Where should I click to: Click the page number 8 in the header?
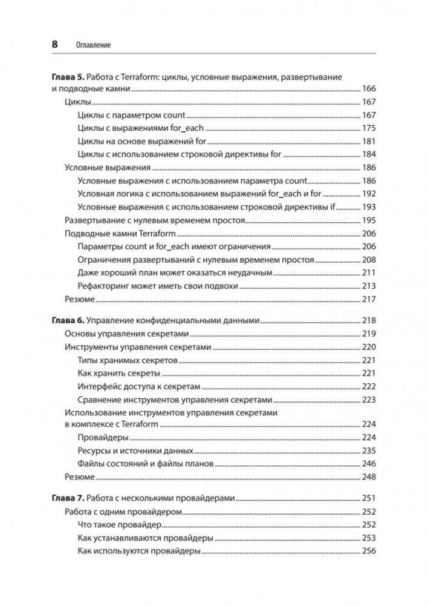(54, 45)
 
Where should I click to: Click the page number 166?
(369, 89)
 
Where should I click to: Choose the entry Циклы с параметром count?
(132, 115)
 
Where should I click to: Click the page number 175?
(369, 128)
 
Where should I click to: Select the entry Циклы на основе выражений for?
(142, 141)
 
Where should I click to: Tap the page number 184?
(369, 154)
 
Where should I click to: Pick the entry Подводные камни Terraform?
(120, 233)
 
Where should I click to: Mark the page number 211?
(369, 272)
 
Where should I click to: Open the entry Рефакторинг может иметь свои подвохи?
(158, 286)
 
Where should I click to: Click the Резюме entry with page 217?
(80, 299)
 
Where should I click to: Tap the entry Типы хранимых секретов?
(128, 360)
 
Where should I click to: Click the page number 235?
(369, 451)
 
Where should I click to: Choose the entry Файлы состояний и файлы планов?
(145, 464)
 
